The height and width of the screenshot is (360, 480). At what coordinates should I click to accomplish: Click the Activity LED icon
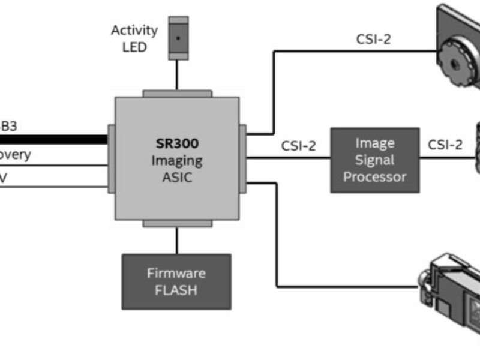tap(177, 38)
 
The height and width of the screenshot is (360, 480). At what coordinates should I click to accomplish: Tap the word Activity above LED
tap(134, 31)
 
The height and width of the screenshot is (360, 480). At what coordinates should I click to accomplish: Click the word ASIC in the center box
tap(176, 177)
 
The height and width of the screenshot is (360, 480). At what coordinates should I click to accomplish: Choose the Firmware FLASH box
tap(176, 281)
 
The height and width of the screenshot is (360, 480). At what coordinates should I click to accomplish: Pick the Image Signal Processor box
tap(374, 160)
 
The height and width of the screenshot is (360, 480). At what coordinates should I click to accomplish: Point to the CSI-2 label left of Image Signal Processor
tap(298, 146)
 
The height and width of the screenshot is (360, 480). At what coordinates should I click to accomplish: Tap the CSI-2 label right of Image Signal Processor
tap(445, 145)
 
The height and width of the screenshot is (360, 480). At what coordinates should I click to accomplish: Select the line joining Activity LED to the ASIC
tap(177, 75)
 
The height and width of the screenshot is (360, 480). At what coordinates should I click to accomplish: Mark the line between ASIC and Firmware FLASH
tap(177, 241)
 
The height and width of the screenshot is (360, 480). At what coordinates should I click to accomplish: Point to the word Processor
tap(375, 176)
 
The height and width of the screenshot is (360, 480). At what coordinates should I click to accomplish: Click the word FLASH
tap(176, 290)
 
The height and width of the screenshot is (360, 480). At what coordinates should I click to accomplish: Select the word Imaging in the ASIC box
tap(176, 161)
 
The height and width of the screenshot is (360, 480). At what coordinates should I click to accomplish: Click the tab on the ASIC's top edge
tap(177, 94)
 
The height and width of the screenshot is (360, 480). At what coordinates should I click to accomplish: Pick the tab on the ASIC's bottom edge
tap(177, 223)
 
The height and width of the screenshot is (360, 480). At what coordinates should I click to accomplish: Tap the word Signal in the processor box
tap(374, 160)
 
